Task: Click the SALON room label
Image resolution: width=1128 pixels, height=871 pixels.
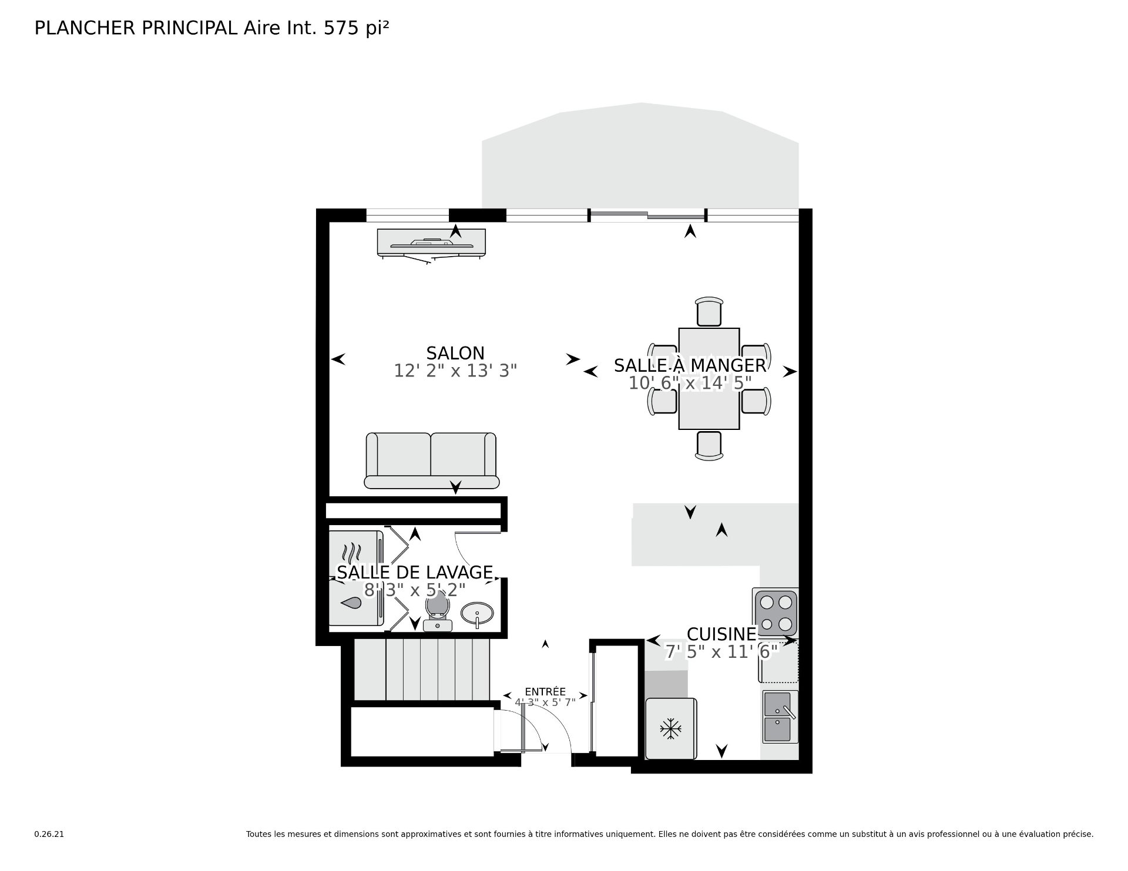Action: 455,353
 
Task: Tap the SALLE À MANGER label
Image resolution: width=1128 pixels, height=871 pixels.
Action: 690,365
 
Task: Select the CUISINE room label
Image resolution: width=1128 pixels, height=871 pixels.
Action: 721,634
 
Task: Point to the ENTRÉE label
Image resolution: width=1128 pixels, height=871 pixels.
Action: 545,692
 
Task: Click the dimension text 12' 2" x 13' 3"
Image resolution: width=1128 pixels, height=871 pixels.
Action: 455,371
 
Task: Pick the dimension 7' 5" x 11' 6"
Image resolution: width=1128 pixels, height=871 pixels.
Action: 722,652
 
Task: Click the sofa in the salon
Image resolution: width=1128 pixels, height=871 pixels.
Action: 432,460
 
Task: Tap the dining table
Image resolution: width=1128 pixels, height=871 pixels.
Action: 709,378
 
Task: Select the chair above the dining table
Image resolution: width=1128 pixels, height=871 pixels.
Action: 709,311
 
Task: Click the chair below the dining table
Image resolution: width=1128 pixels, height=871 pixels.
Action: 709,445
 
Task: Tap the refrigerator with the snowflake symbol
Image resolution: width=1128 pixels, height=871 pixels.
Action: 670,729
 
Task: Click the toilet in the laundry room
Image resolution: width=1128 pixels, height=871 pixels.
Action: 437,611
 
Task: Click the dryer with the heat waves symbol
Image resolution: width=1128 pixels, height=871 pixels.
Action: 355,554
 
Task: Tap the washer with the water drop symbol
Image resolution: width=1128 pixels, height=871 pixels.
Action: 355,603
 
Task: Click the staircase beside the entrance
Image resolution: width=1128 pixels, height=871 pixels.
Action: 422,670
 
